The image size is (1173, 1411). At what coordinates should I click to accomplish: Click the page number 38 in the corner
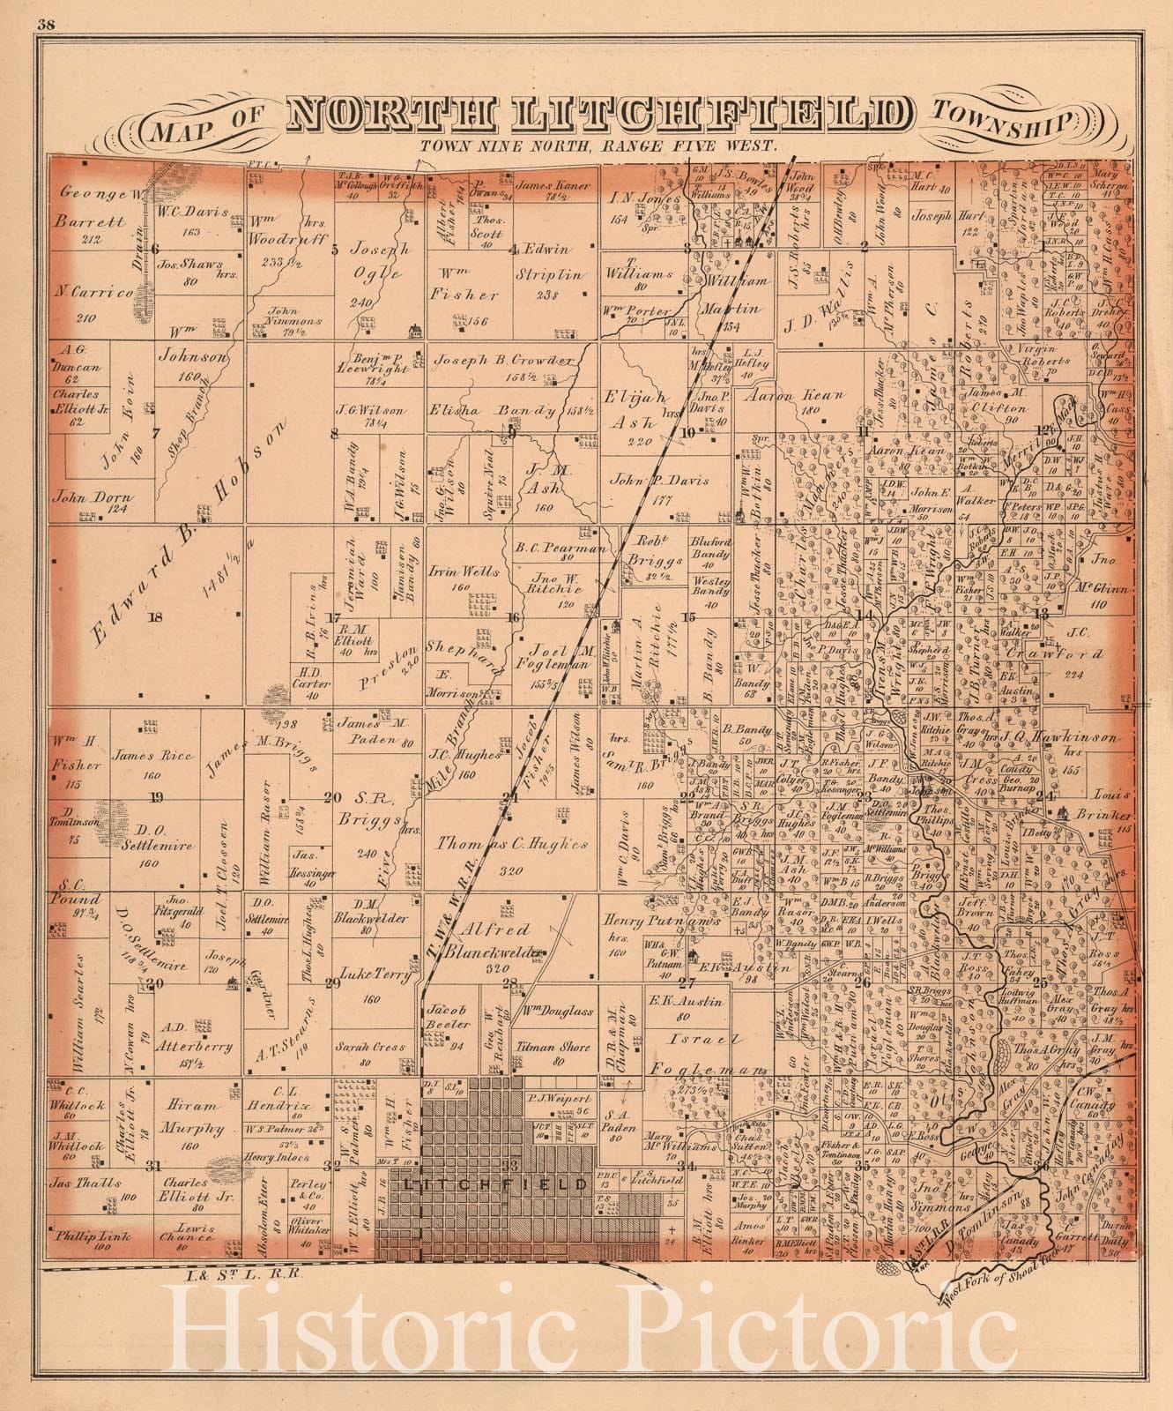pyautogui.click(x=47, y=25)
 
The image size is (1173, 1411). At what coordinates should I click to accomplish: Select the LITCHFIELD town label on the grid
pyautogui.click(x=494, y=1184)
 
